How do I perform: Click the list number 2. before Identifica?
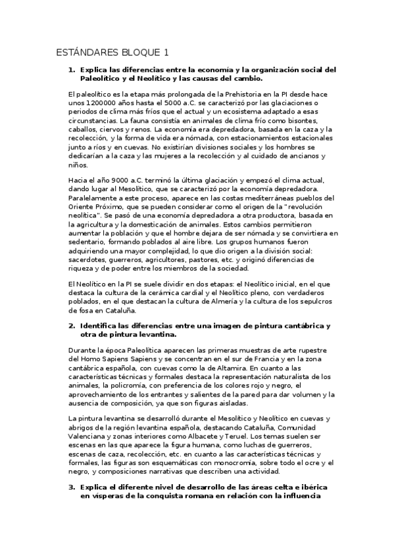pyautogui.click(x=72, y=326)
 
